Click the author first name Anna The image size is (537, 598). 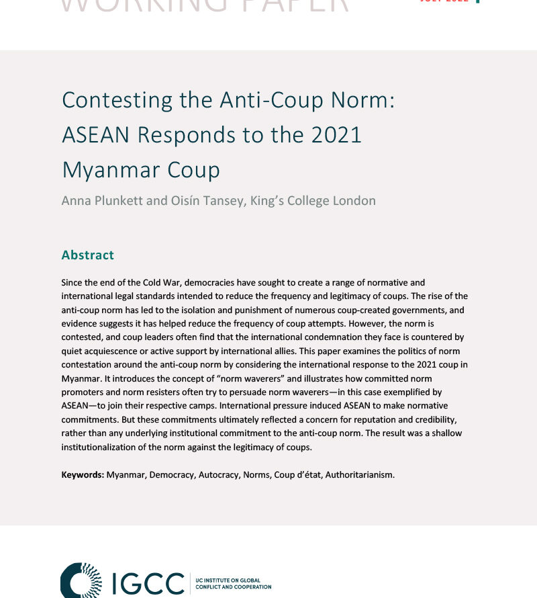click(x=76, y=200)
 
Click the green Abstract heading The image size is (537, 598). click(x=88, y=255)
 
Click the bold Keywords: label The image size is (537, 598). click(x=83, y=474)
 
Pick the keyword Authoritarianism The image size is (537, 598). click(x=360, y=474)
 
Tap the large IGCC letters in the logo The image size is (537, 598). click(x=146, y=583)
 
